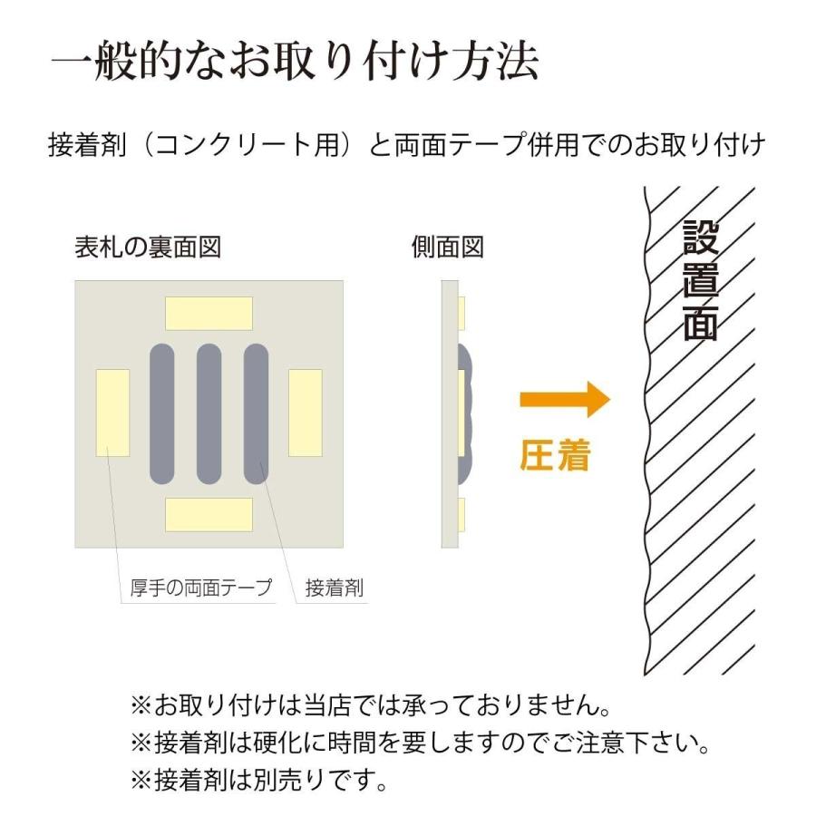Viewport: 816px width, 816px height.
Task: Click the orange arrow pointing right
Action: [562, 399]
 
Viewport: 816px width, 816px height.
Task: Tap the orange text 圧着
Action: [555, 456]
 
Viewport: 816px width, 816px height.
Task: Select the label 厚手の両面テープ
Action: [196, 588]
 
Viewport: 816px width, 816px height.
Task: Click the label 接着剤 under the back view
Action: [334, 588]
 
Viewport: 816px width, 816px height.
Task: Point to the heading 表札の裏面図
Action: [148, 248]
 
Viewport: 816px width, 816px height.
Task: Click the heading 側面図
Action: [448, 248]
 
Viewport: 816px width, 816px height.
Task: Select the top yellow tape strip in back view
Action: [209, 313]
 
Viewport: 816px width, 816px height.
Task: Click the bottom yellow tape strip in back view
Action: [209, 514]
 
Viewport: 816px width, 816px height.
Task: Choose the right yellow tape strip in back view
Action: [305, 413]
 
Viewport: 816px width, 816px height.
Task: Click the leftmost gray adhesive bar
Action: [161, 413]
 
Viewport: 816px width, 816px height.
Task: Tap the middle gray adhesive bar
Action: [209, 413]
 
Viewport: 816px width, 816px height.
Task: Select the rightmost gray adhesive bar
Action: [257, 413]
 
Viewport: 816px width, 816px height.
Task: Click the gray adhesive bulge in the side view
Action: [468, 413]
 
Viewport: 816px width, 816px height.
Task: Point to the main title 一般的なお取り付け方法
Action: [296, 63]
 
